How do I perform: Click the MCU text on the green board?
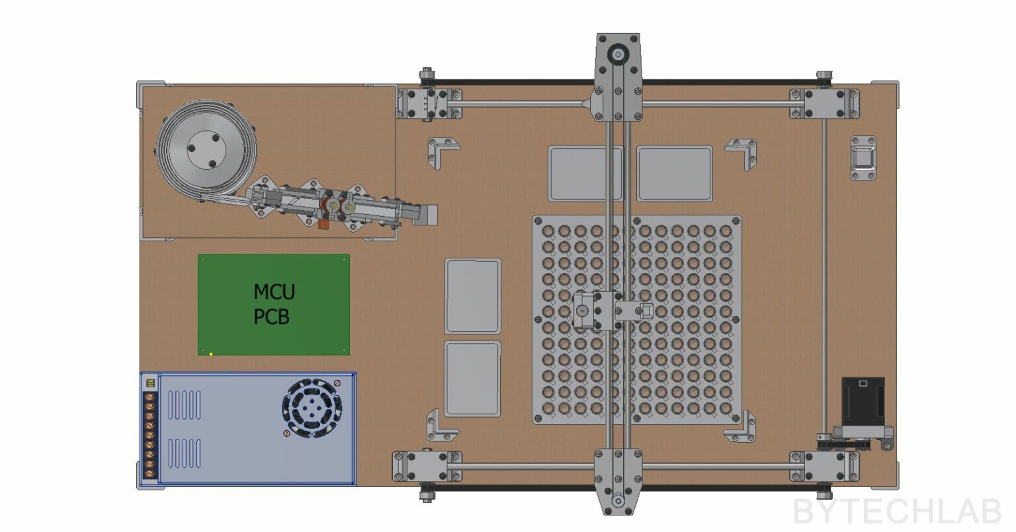(274, 291)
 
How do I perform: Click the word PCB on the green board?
(272, 317)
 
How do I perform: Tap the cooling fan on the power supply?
(312, 408)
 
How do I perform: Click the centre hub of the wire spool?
(207, 151)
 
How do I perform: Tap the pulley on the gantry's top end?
(618, 55)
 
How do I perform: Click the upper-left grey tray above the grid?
(585, 174)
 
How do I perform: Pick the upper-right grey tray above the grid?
(674, 174)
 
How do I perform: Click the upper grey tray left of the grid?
(472, 295)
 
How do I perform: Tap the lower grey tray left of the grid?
(472, 379)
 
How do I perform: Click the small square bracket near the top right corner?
(863, 158)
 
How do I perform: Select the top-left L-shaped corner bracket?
(441, 151)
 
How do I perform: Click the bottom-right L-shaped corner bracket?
(743, 427)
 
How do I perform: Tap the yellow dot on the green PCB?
(211, 354)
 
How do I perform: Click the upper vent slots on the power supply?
(185, 404)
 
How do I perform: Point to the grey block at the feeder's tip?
(429, 215)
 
